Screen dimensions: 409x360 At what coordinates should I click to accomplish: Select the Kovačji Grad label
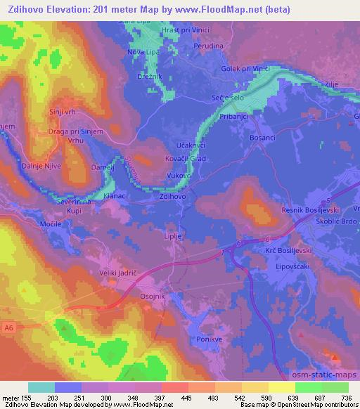coord(186,158)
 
